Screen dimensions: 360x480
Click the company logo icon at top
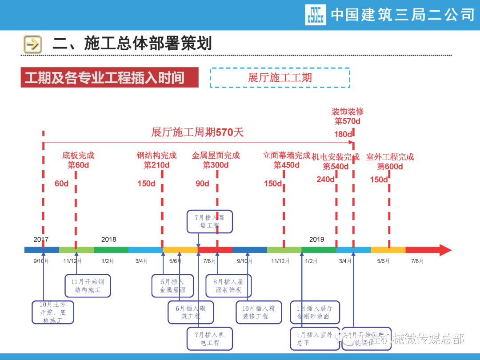point(316,15)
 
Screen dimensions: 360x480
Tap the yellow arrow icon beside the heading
point(32,44)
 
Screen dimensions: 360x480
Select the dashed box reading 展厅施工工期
point(280,78)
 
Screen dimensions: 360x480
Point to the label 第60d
point(78,165)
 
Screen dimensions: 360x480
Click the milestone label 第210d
point(156,165)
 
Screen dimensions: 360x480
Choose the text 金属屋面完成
point(216,156)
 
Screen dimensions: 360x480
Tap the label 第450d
point(286,165)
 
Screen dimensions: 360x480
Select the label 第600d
point(390,167)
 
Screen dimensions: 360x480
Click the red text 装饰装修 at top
point(347,112)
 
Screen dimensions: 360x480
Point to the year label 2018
point(108,239)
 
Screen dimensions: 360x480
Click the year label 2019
point(316,239)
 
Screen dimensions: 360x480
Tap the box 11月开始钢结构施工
point(88,285)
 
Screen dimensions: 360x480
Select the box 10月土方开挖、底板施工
point(53,312)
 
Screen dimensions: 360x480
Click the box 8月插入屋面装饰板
point(228,285)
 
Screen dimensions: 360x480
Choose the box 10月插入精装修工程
point(258,312)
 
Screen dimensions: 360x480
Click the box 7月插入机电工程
point(209,338)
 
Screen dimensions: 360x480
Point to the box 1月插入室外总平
point(315,338)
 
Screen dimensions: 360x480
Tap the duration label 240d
point(325,179)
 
